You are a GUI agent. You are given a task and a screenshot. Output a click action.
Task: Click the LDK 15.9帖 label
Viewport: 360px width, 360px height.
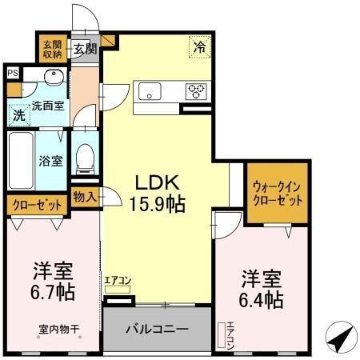(157, 192)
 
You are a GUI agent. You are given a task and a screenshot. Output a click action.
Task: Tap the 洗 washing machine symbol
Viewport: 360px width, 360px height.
(18, 115)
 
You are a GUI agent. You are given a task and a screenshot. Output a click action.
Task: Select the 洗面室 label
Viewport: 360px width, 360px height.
(47, 104)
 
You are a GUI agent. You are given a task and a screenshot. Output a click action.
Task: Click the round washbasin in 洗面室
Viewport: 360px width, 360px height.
(52, 78)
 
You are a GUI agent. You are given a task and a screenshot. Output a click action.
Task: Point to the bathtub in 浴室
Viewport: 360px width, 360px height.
(19, 158)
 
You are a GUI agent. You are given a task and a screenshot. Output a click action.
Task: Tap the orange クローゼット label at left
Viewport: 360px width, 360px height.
(38, 205)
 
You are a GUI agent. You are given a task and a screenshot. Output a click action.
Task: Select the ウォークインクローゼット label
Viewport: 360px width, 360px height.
(277, 193)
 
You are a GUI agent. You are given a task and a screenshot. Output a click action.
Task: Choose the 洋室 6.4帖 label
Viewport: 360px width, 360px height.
(262, 289)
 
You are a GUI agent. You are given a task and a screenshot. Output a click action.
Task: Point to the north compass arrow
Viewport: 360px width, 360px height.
(342, 338)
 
